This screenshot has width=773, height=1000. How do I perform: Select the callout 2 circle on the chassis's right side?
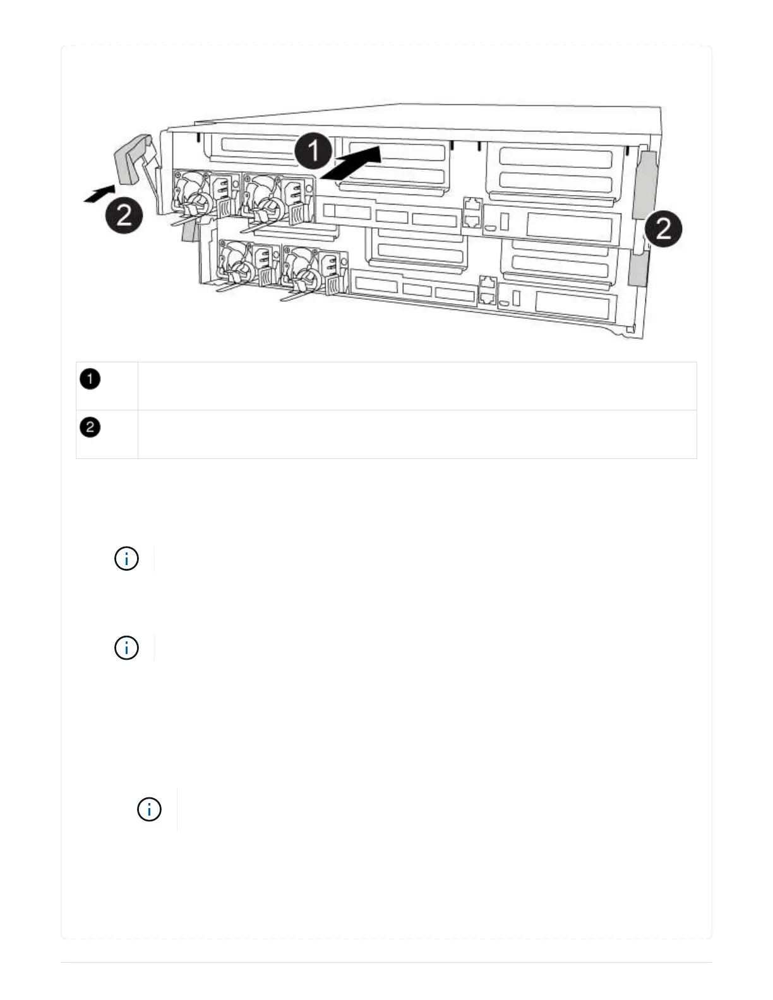pos(663,229)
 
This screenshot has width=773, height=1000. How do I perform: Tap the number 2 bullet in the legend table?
pos(90,427)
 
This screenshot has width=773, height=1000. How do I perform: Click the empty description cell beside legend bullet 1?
pos(417,386)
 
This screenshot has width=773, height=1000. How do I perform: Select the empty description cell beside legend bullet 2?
pos(417,434)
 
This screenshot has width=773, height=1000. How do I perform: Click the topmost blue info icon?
pos(126,559)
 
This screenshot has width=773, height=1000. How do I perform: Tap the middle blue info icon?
pos(126,648)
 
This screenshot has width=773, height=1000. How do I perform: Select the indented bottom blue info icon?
pos(149,809)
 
